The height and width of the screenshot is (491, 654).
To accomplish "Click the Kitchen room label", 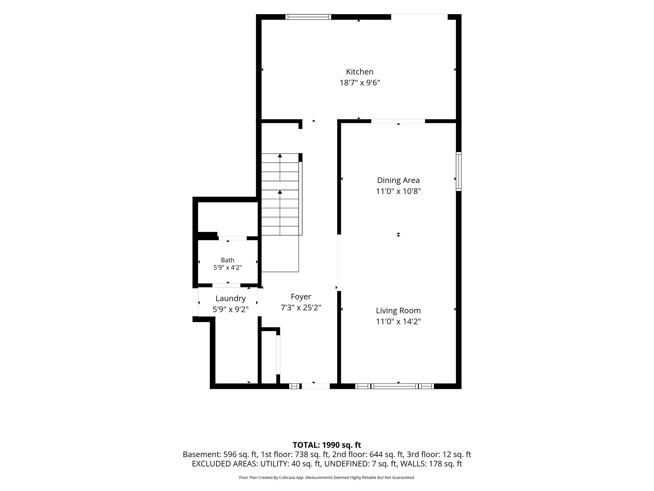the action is (x=360, y=72).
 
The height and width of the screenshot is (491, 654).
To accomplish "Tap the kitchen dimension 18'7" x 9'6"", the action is (x=360, y=83).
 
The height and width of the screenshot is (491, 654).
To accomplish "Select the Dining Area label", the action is (x=398, y=180).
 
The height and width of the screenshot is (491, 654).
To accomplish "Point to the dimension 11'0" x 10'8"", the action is (x=398, y=191).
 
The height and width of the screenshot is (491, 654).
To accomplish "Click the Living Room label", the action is (x=398, y=310).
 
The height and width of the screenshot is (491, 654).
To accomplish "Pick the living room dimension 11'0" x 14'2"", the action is (x=398, y=321).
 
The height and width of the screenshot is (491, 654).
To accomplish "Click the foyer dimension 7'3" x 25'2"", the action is (x=301, y=308).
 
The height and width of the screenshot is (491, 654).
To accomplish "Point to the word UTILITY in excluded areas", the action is (x=274, y=464).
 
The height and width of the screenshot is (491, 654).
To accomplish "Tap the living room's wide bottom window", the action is (x=394, y=386).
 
